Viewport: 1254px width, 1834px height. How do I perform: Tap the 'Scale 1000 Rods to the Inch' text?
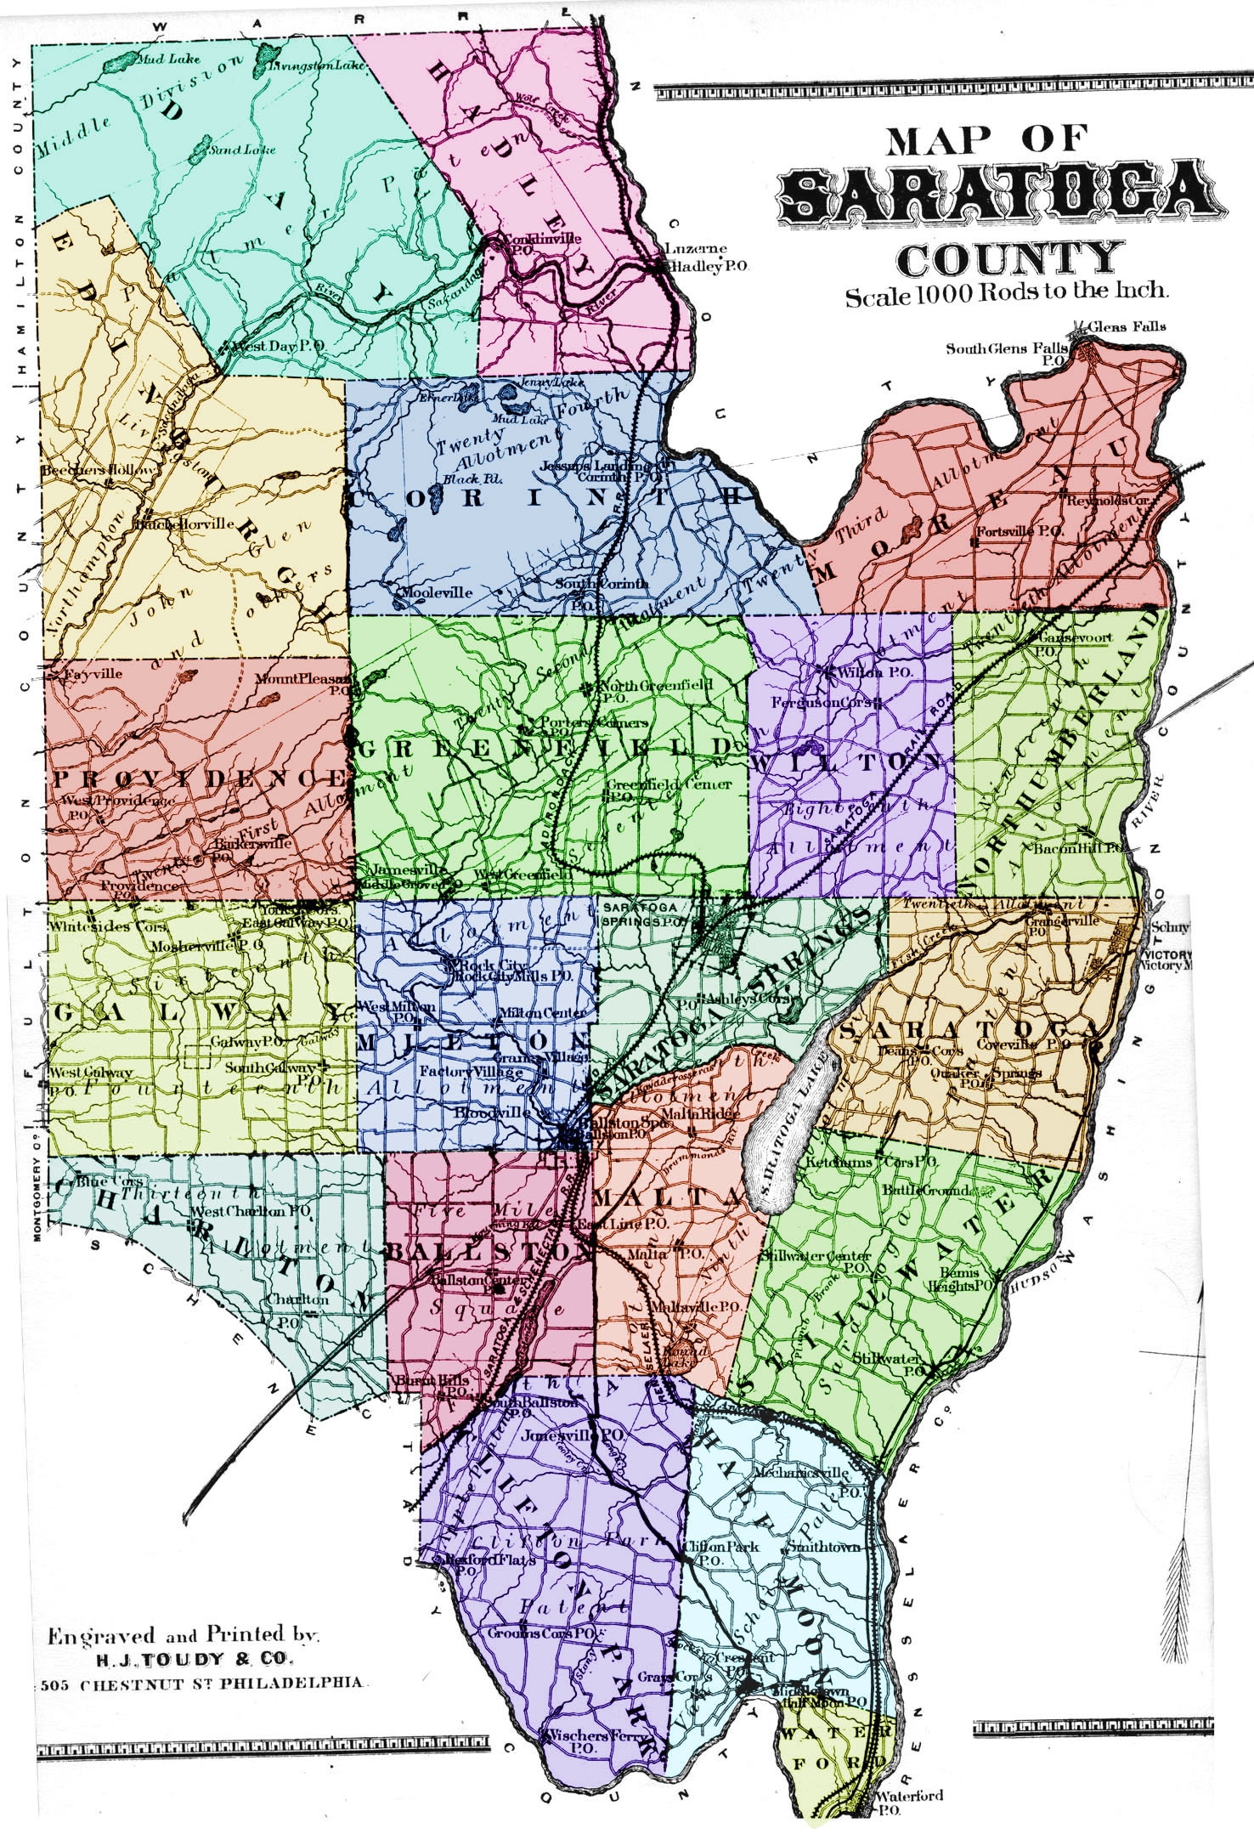click(1006, 294)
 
